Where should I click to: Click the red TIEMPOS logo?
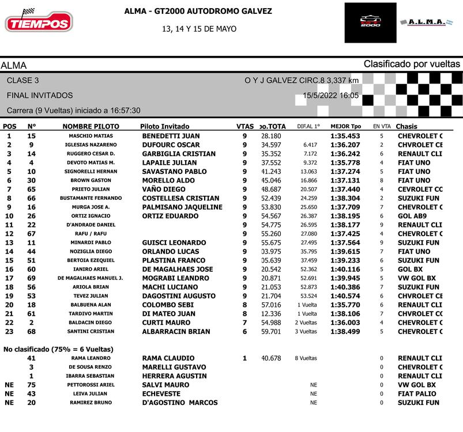click(39, 22)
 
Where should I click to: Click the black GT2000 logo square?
click(370, 23)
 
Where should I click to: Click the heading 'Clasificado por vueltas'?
click(412, 64)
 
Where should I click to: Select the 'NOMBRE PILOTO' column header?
click(91, 126)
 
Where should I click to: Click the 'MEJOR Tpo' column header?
click(345, 126)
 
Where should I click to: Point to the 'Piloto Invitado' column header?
click(164, 126)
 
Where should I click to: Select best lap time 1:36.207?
click(345, 145)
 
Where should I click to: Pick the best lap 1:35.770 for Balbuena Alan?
click(345, 305)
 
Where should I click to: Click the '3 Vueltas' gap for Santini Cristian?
click(306, 331)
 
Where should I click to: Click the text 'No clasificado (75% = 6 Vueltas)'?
click(58, 349)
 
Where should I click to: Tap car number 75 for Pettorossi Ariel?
click(31, 385)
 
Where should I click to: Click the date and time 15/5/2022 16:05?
click(330, 96)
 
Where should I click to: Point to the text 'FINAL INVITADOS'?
click(40, 95)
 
